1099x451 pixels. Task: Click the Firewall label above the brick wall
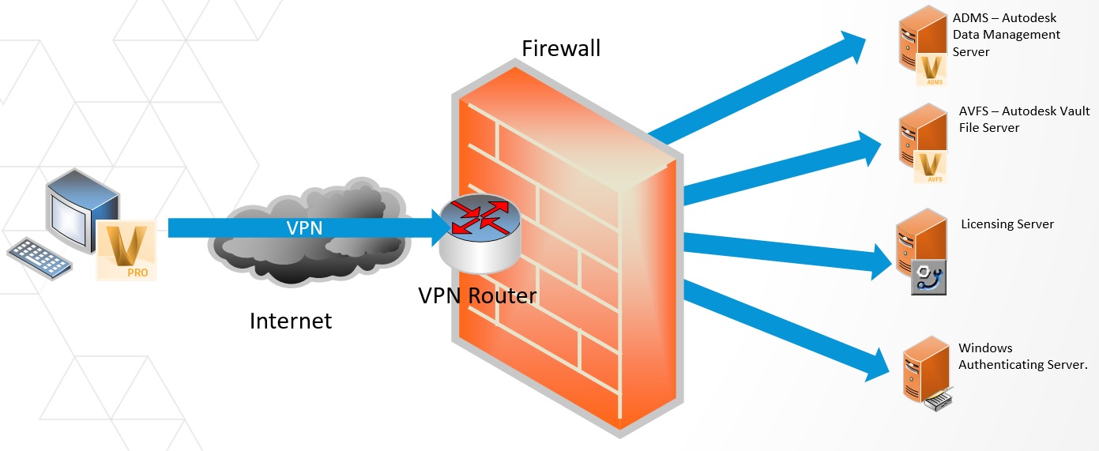pos(561,48)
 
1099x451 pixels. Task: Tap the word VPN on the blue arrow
pos(305,227)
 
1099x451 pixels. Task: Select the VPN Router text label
pos(477,295)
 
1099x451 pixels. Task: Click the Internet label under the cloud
pos(291,321)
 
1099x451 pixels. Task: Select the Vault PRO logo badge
pos(126,250)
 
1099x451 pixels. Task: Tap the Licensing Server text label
pos(1007,224)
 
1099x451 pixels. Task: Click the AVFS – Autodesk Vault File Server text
pos(1024,119)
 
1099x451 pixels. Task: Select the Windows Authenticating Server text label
pos(1022,356)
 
